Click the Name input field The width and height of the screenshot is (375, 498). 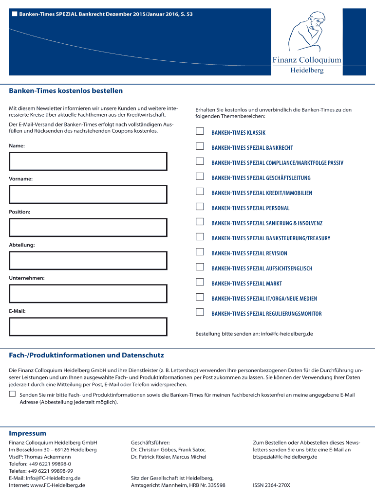[x=88, y=161]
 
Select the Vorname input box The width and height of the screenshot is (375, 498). [x=88, y=194]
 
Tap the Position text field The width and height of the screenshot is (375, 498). [x=88, y=227]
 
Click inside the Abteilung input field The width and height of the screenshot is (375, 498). [x=88, y=260]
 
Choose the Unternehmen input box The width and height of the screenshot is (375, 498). [x=88, y=293]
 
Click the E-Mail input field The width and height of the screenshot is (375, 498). [x=88, y=326]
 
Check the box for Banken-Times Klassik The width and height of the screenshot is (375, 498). [x=200, y=131]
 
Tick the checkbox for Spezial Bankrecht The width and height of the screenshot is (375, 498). [x=200, y=146]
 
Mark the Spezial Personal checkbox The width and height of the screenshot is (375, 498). [x=200, y=207]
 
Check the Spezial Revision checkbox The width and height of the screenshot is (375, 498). [x=200, y=252]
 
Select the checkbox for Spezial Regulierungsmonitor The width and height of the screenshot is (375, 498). [x=200, y=312]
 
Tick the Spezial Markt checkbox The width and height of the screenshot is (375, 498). [x=200, y=282]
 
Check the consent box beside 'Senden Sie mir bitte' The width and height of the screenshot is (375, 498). [x=13, y=394]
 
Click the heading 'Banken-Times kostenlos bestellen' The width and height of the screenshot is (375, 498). [x=66, y=91]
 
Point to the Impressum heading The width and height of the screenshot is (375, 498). [x=28, y=433]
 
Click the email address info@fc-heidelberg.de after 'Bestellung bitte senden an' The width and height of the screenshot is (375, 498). [x=287, y=334]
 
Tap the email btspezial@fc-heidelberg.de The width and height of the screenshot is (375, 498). [x=285, y=457]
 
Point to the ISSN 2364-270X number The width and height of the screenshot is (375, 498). [x=271, y=485]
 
